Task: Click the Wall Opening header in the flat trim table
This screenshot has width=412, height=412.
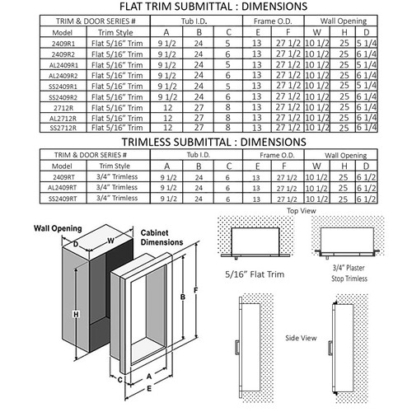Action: [350, 20]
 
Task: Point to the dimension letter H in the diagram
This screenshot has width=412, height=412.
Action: [75, 314]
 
